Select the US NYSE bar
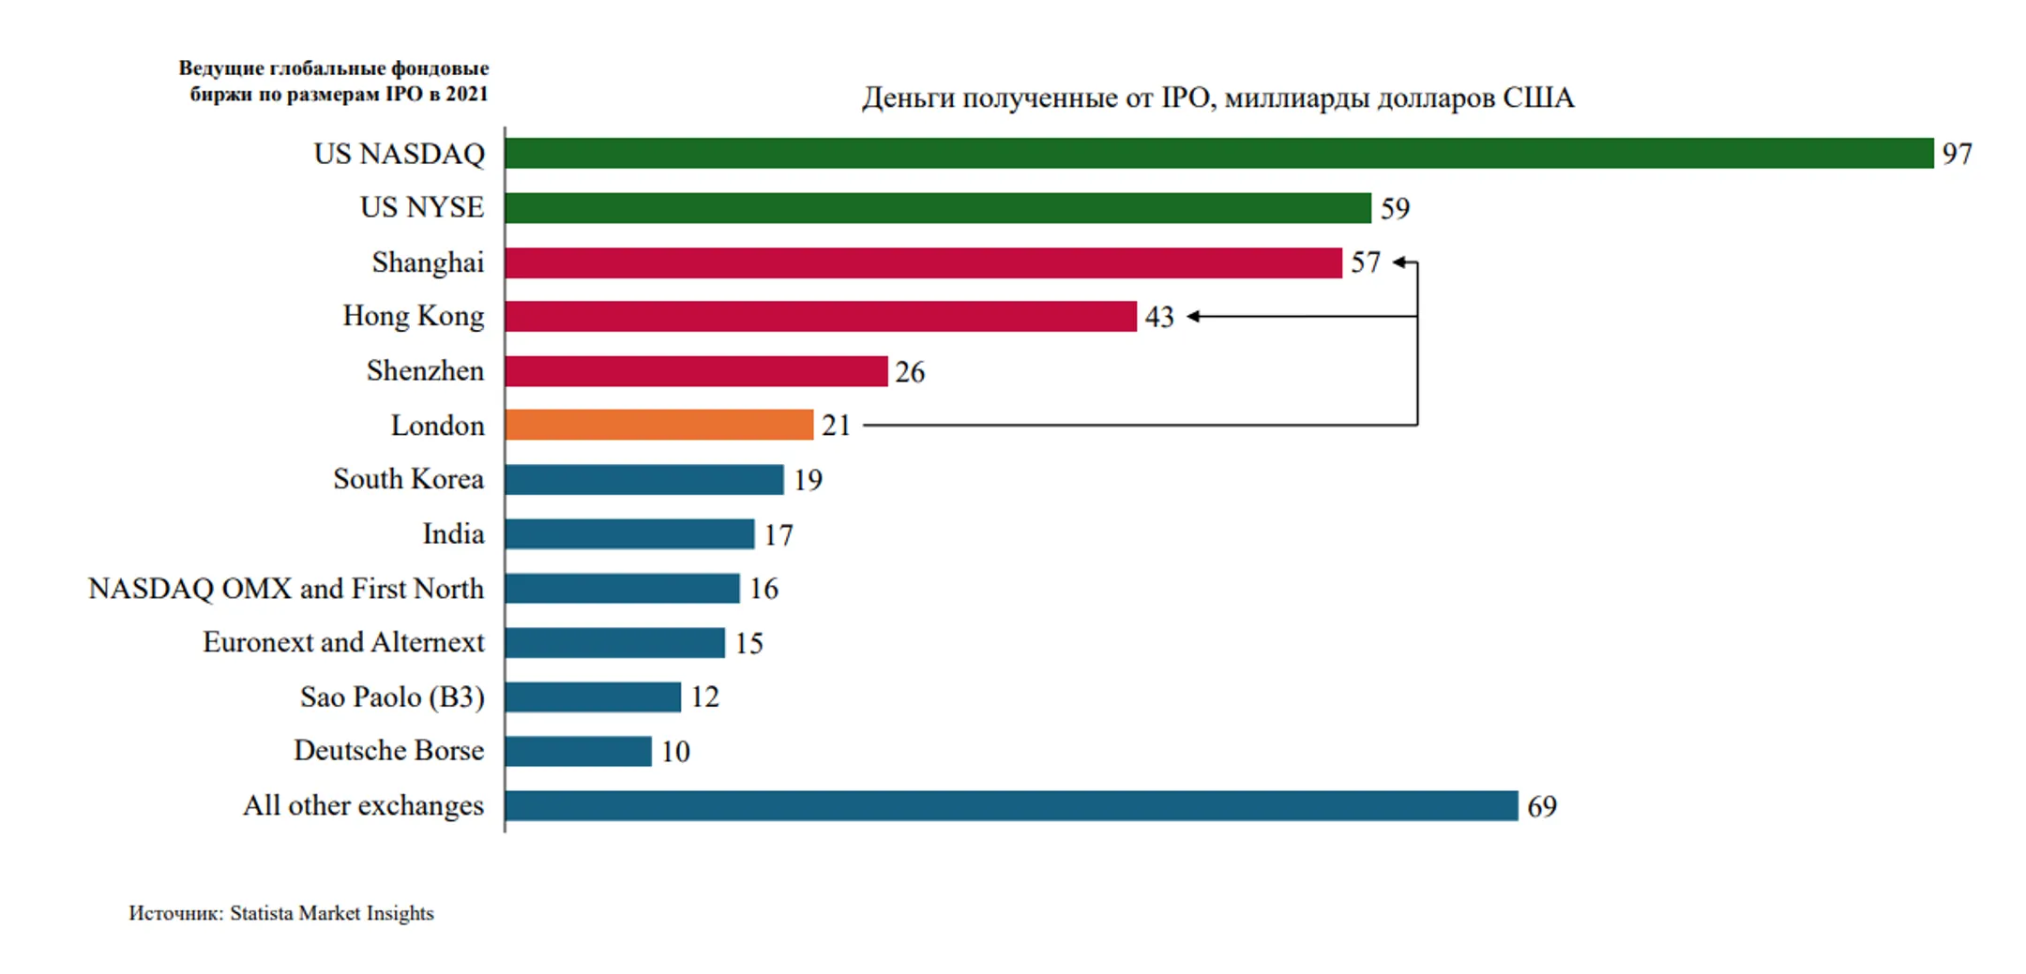coord(937,207)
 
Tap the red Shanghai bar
coord(923,262)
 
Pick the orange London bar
coord(658,425)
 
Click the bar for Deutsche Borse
coord(578,751)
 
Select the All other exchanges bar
coord(1010,805)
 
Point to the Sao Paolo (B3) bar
coord(592,697)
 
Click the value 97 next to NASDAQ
coord(1957,154)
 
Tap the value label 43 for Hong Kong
coord(1159,317)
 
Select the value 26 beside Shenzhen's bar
coord(909,372)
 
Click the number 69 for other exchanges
coord(1542,806)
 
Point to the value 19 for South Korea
coord(808,480)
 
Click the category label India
coord(453,533)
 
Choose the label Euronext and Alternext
coord(343,642)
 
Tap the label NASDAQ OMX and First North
coord(286,588)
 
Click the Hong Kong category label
coord(413,316)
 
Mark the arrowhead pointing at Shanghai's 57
coord(1399,262)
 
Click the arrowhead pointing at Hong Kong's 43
coord(1193,317)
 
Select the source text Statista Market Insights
coord(331,913)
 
